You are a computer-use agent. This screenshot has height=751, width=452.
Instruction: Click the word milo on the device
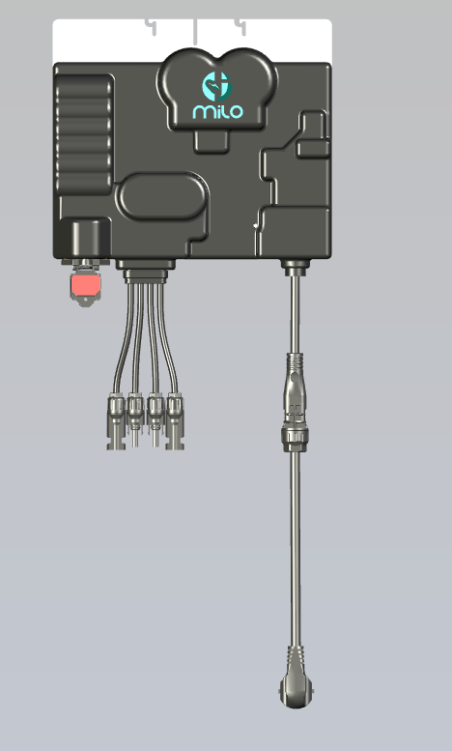(x=217, y=110)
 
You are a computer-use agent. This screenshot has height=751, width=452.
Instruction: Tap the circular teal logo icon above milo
(x=217, y=85)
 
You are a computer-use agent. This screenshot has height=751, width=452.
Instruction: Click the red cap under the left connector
(x=85, y=286)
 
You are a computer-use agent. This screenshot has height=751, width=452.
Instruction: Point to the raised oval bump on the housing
(x=161, y=197)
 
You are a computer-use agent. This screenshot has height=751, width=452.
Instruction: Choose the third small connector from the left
(x=155, y=421)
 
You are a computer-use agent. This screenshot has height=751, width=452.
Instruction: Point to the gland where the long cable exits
(x=294, y=264)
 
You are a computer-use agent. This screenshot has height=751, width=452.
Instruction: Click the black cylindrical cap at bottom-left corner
(x=85, y=237)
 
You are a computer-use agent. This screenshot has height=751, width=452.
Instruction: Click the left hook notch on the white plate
(x=152, y=26)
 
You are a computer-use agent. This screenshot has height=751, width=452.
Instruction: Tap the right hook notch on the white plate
(x=240, y=26)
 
